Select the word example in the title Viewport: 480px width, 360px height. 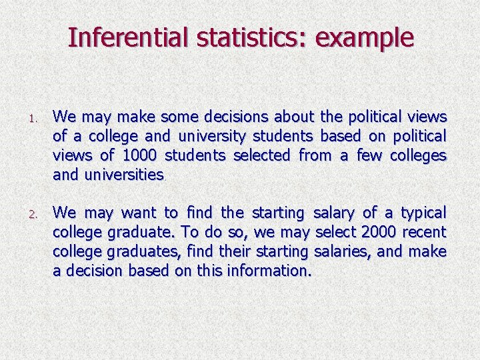365,37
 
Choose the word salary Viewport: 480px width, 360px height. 334,213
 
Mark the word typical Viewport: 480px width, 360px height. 423,213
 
